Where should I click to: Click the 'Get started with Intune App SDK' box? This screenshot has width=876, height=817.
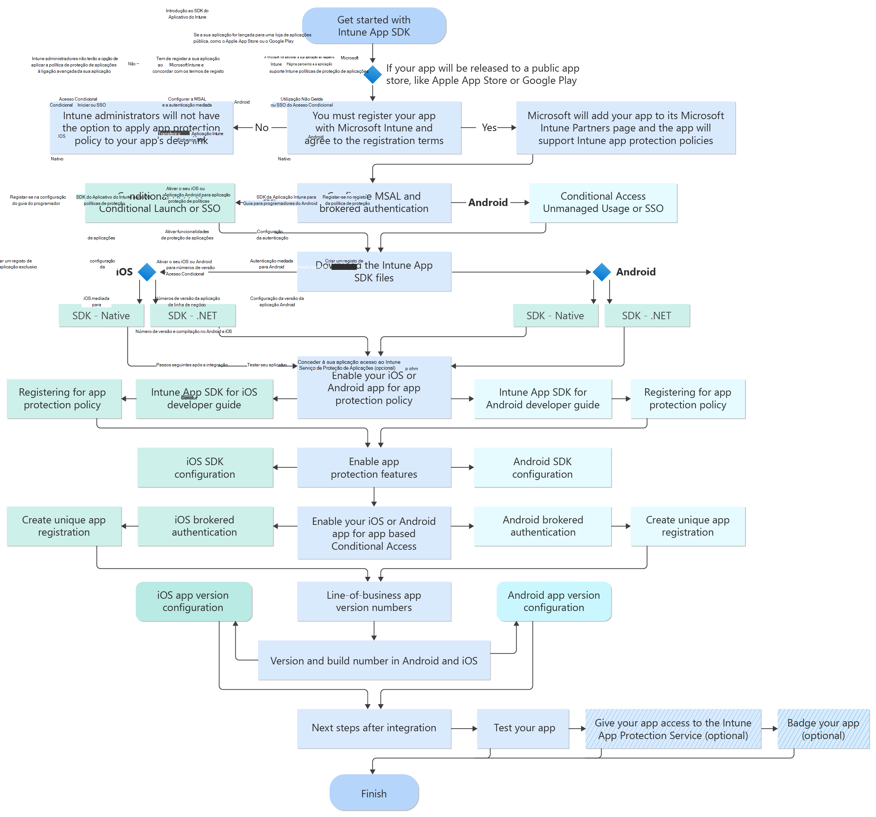[x=374, y=26]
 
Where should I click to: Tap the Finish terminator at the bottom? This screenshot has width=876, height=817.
[x=374, y=793]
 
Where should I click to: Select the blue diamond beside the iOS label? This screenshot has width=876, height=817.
[x=147, y=272]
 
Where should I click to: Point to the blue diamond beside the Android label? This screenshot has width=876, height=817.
[x=601, y=272]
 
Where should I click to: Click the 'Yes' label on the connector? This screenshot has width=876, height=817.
[x=489, y=128]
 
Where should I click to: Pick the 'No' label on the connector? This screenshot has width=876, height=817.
[x=261, y=128]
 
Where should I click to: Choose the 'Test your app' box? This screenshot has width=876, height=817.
[x=523, y=728]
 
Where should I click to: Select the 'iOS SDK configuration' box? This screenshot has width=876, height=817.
[x=205, y=468]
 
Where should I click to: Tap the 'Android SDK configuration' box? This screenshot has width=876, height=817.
[x=542, y=468]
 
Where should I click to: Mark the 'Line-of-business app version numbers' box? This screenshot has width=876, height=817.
[x=374, y=601]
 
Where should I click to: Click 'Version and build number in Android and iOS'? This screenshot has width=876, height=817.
[x=374, y=661]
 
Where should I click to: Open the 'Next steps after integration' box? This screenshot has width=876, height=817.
[x=374, y=728]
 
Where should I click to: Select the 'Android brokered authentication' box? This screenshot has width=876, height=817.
[x=542, y=526]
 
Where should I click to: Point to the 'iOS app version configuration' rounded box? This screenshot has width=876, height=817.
[x=193, y=601]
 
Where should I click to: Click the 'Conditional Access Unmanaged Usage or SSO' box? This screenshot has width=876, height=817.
[x=603, y=203]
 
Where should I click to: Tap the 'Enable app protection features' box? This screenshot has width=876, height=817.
[x=374, y=468]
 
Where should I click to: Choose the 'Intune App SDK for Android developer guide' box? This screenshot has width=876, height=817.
[x=542, y=398]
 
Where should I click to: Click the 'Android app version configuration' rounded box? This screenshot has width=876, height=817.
[x=553, y=601]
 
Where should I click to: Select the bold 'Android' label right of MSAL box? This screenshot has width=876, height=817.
[x=488, y=203]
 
